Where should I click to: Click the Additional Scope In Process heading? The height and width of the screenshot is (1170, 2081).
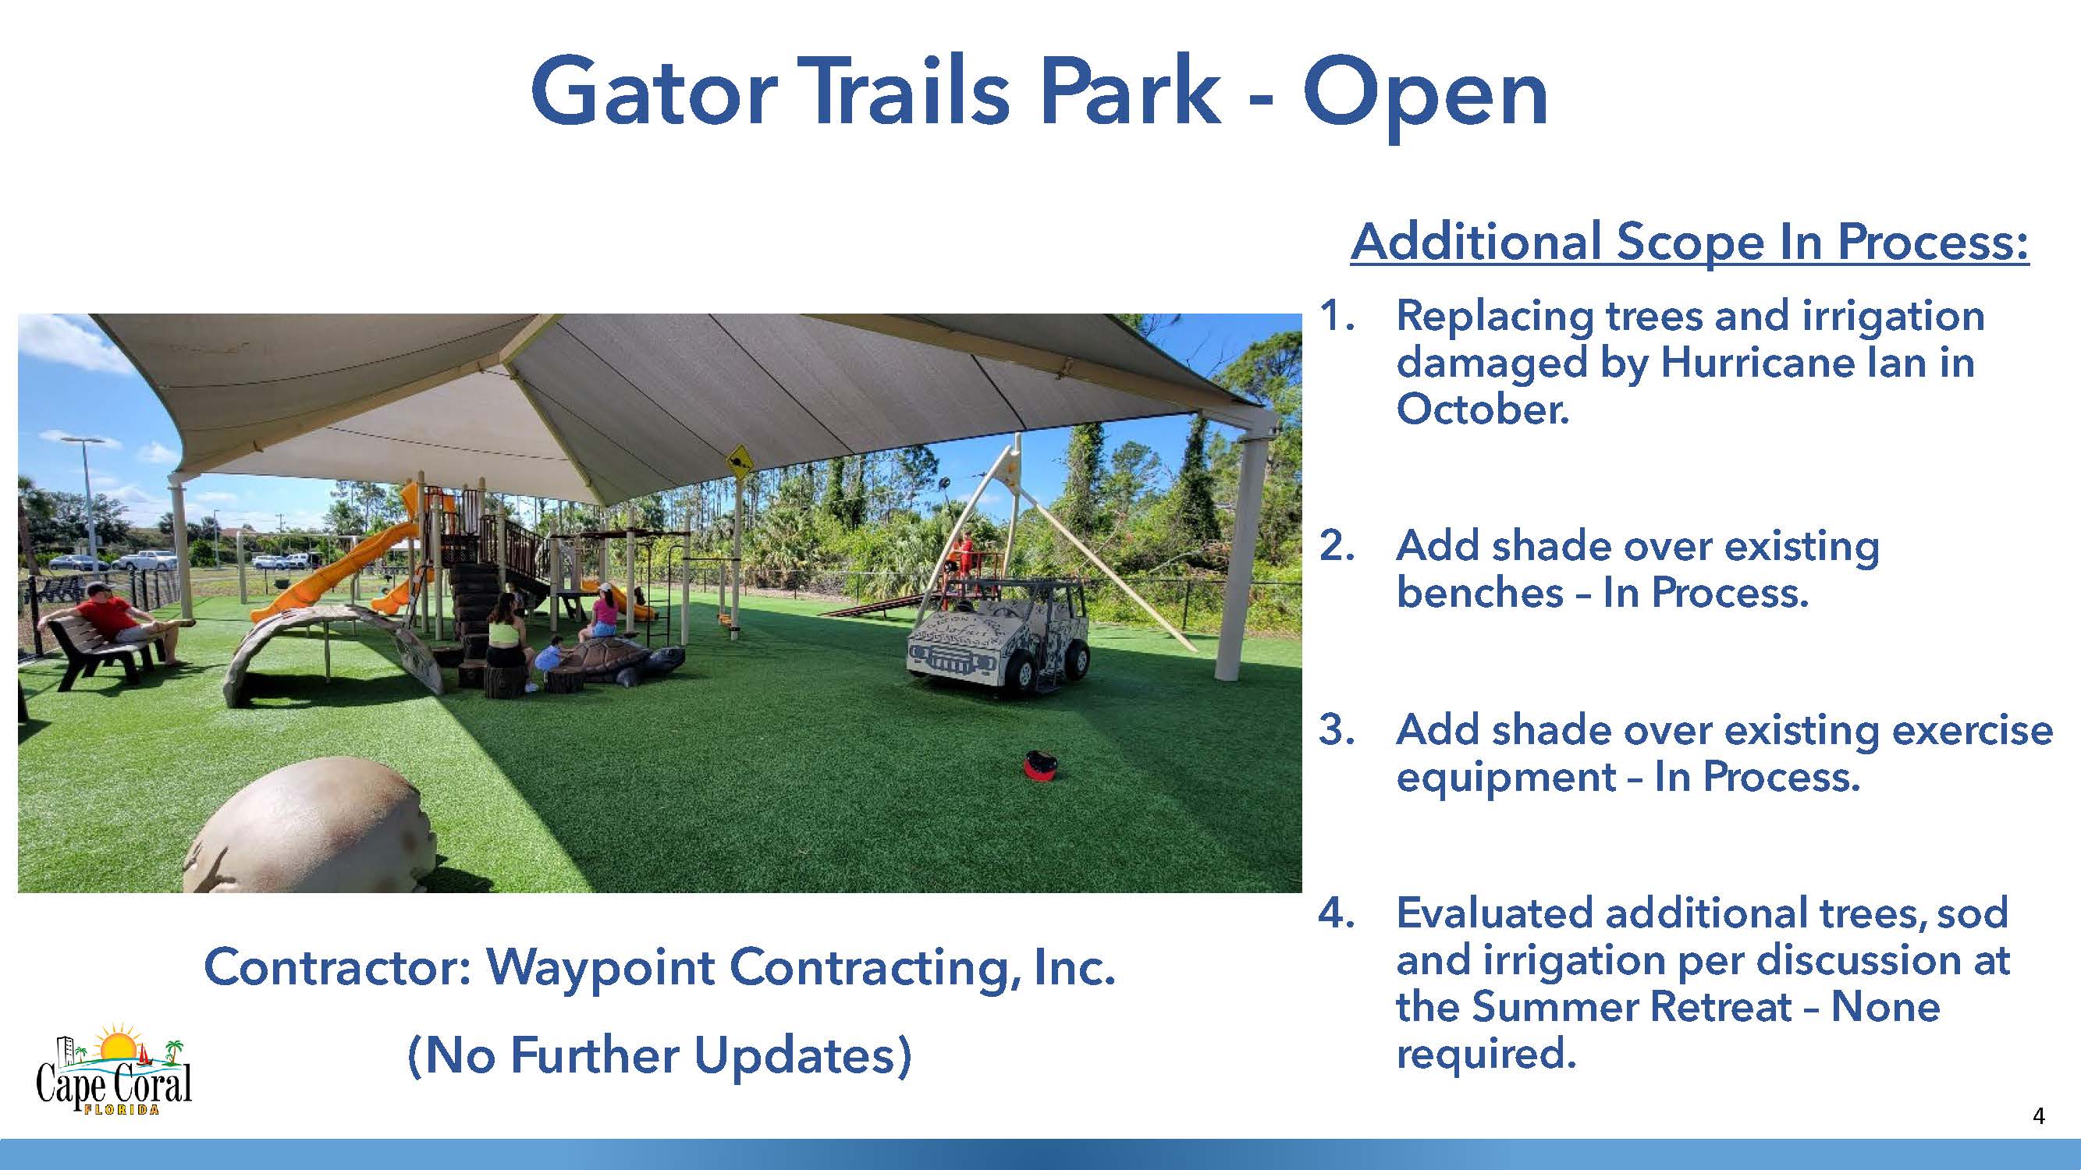pos(1690,242)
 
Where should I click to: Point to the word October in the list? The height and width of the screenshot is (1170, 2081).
pos(1483,409)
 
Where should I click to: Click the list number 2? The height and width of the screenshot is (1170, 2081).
pos(1336,546)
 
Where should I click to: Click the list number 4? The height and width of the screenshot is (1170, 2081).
pos(1336,913)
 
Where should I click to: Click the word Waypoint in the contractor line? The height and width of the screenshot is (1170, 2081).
pos(600,967)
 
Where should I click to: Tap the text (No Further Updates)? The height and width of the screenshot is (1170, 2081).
pos(660,1055)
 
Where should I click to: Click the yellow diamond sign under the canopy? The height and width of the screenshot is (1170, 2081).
pos(740,463)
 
